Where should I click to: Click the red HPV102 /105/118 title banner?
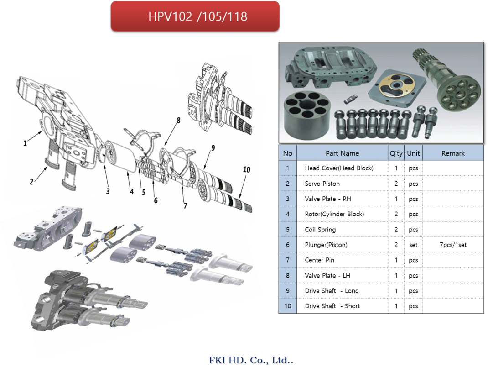(x=195, y=16)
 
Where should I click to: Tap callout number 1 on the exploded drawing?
(x=25, y=143)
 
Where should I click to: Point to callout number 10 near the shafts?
(x=246, y=169)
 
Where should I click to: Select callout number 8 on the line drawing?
(x=178, y=120)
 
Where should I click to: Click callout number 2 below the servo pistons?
(x=31, y=182)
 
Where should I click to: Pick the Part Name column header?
(x=343, y=153)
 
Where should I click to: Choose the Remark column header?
(x=453, y=153)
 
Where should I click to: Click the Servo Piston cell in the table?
(x=322, y=184)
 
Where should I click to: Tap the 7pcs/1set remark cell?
(x=453, y=245)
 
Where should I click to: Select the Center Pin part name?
(x=319, y=260)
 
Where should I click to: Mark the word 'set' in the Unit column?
(x=413, y=245)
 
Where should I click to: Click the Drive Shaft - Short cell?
(x=332, y=306)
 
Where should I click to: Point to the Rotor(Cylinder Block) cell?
(x=334, y=214)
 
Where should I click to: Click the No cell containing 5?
(x=288, y=230)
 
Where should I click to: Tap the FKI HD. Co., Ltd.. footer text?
(x=251, y=360)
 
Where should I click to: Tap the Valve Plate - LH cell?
(x=327, y=275)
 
